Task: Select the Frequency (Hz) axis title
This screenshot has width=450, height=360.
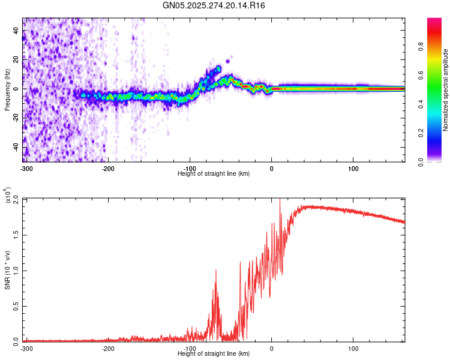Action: (7, 90)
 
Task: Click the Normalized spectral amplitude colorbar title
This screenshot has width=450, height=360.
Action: (446, 90)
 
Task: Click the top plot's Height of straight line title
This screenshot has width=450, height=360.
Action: (214, 174)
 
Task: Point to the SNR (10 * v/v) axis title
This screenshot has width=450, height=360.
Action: (7, 269)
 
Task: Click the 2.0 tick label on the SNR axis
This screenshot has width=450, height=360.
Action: (16, 199)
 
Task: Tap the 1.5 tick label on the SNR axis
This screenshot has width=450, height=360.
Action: (16, 235)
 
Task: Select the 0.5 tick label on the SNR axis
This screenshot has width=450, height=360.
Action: (16, 305)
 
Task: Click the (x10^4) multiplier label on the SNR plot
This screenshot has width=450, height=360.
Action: (8, 196)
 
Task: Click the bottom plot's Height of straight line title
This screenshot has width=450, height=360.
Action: (214, 354)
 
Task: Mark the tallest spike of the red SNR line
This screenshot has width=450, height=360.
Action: (280, 200)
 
